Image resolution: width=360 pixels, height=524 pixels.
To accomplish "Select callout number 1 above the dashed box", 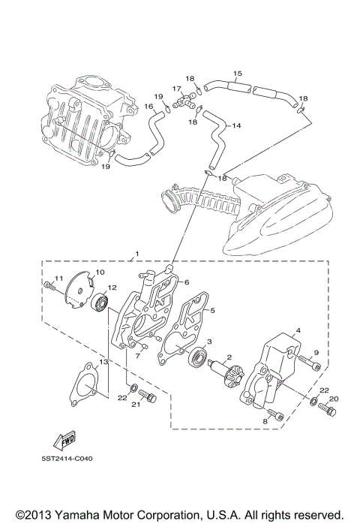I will click(136, 254).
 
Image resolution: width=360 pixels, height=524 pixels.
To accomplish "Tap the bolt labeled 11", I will click(50, 285).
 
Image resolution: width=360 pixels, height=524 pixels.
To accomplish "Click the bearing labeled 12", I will click(98, 303).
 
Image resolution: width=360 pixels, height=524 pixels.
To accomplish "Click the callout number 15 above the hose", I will click(237, 73).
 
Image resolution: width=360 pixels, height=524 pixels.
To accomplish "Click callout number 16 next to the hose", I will click(148, 107).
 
